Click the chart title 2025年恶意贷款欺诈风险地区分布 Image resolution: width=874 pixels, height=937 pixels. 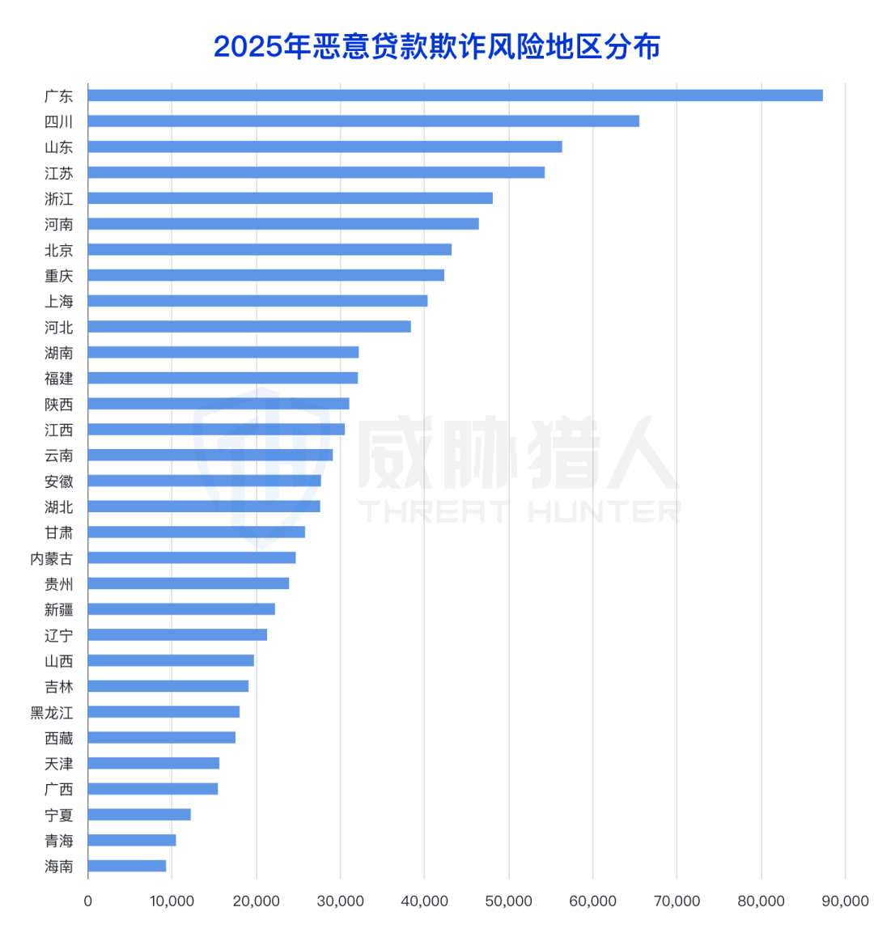click(x=437, y=47)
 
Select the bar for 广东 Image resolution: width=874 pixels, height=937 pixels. click(x=455, y=95)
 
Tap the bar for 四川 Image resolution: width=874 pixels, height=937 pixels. click(x=363, y=121)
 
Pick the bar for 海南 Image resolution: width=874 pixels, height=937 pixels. click(x=127, y=866)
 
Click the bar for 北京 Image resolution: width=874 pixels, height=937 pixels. click(x=269, y=249)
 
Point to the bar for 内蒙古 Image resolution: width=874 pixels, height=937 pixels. click(x=192, y=558)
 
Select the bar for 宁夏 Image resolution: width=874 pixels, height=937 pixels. click(x=139, y=814)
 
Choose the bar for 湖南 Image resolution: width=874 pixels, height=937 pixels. click(x=223, y=352)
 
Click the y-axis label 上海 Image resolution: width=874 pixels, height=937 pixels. click(x=58, y=301)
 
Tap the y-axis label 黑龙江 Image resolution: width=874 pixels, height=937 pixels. click(x=52, y=712)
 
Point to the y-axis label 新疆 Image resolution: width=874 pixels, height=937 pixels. click(x=58, y=609)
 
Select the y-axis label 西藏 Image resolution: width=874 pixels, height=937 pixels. click(x=58, y=738)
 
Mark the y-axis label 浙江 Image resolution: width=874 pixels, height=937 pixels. click(x=58, y=198)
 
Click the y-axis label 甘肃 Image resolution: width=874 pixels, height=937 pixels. click(x=58, y=532)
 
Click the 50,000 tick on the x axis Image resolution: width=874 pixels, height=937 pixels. click(x=508, y=901)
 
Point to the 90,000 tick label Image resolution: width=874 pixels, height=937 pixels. click(x=844, y=901)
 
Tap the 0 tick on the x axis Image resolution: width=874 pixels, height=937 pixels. click(x=88, y=901)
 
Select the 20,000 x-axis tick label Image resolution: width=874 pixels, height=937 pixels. click(x=256, y=901)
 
